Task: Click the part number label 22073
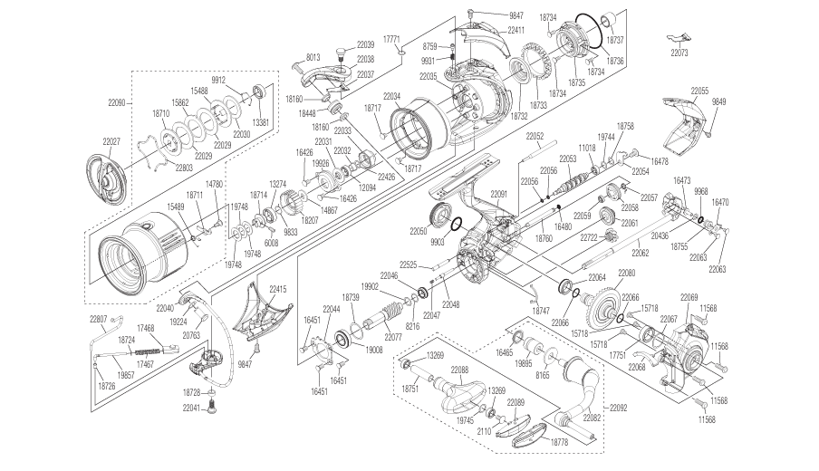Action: pyautogui.click(x=686, y=53)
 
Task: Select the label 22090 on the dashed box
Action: pyautogui.click(x=120, y=104)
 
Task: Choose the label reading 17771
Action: pyautogui.click(x=391, y=39)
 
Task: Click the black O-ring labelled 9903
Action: pyautogui.click(x=457, y=226)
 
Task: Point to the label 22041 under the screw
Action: pyautogui.click(x=188, y=409)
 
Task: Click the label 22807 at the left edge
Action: pyautogui.click(x=98, y=318)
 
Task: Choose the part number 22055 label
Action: pyautogui.click(x=699, y=91)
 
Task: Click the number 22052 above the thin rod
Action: pyautogui.click(x=535, y=137)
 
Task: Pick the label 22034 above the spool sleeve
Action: pyautogui.click(x=391, y=96)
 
